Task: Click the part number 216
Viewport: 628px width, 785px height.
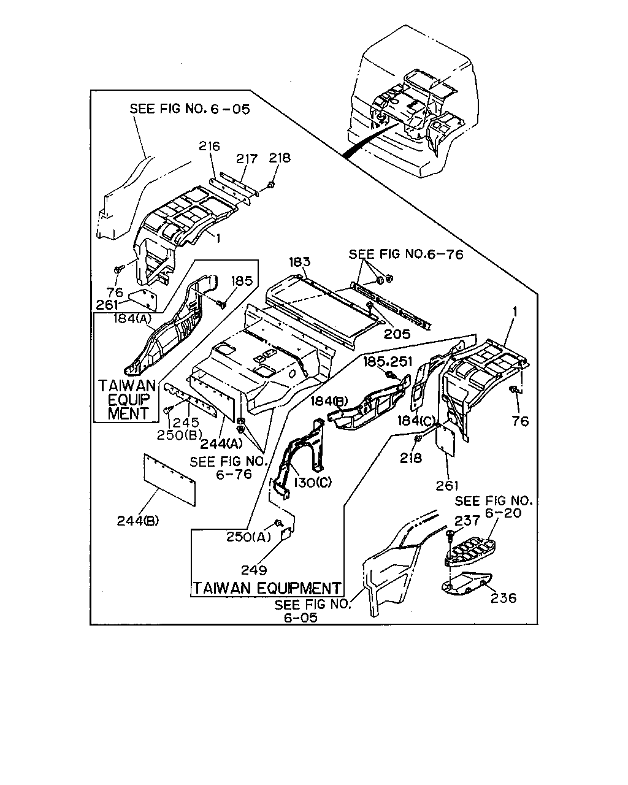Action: point(209,146)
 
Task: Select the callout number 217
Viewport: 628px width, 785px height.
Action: point(247,159)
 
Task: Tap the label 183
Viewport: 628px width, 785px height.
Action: point(299,261)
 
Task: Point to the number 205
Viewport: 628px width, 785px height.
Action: point(397,334)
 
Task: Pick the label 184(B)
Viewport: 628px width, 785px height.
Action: point(329,401)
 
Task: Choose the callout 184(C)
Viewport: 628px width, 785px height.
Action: point(416,421)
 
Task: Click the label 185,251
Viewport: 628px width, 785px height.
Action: point(388,361)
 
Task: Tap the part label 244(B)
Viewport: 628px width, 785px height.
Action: point(138,521)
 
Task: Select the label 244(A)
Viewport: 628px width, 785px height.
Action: point(221,443)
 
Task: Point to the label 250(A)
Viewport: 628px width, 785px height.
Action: point(248,537)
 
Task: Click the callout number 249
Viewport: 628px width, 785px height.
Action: point(254,570)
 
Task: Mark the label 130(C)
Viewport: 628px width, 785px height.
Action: point(313,482)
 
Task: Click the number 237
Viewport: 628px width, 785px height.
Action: point(467,521)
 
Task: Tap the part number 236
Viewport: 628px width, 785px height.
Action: point(504,598)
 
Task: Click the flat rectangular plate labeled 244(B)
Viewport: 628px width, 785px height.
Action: point(169,480)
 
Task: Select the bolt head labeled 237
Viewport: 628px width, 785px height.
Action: point(450,534)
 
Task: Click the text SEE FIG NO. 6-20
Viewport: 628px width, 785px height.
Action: point(494,507)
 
